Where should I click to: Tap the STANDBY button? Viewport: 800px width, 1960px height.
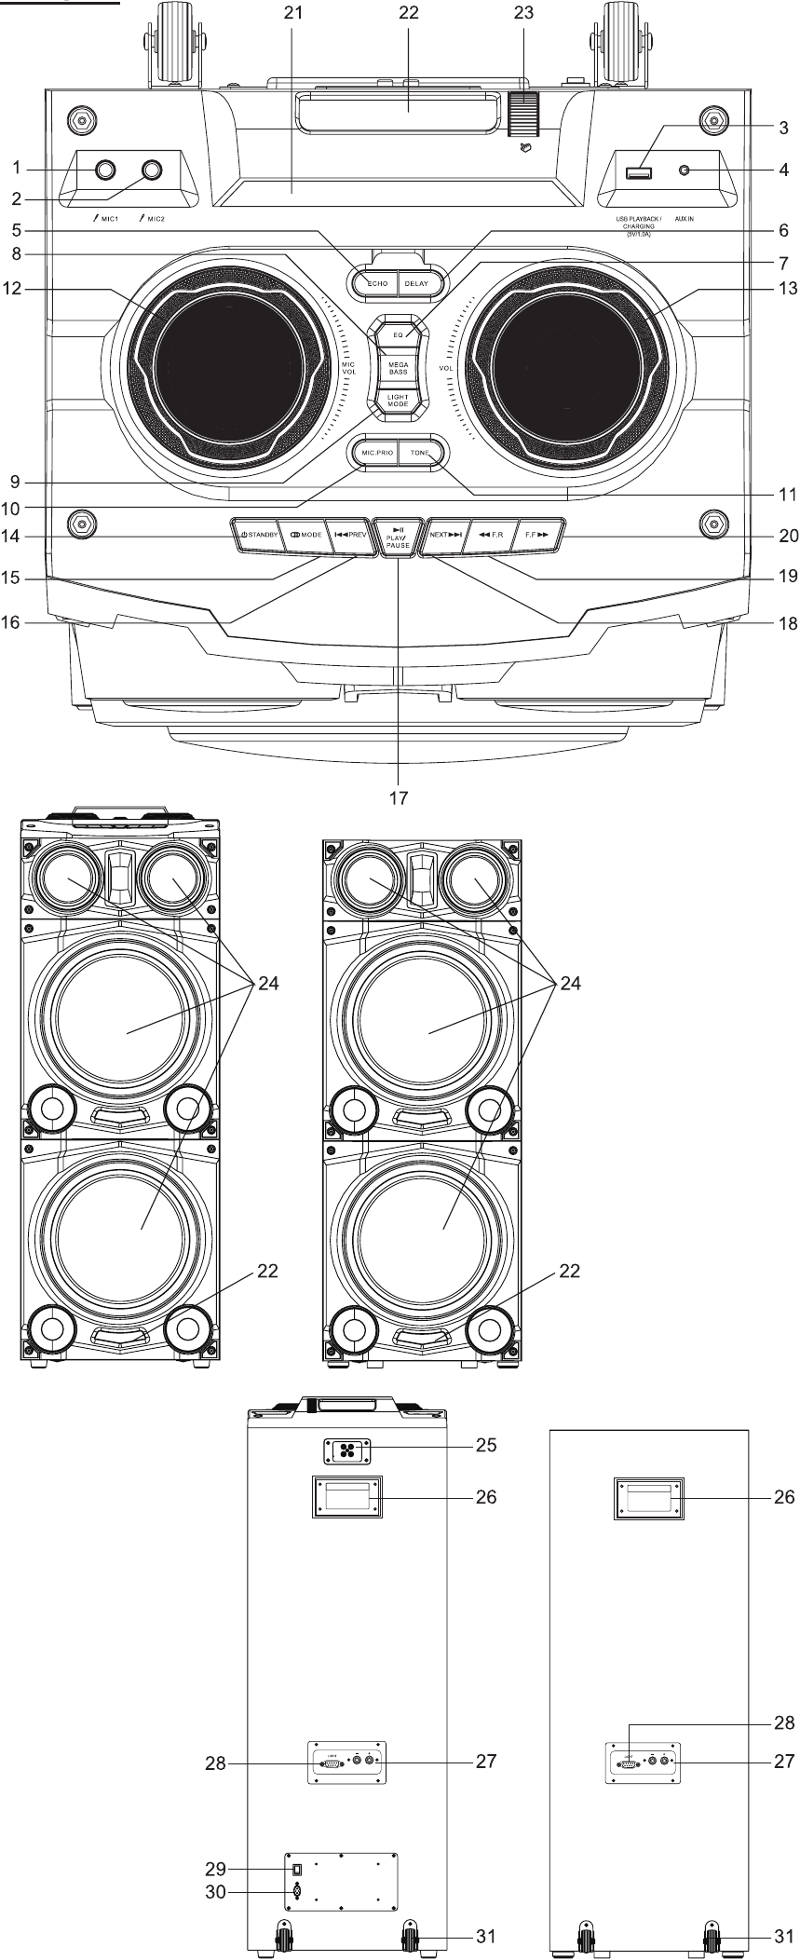click(x=254, y=536)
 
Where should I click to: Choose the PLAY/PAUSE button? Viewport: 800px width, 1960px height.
click(x=399, y=538)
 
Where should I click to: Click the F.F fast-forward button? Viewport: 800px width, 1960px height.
click(x=540, y=536)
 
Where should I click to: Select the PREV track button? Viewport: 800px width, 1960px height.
click(x=352, y=536)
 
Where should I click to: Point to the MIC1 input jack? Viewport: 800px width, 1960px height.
click(x=104, y=170)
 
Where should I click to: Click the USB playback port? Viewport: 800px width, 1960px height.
click(x=639, y=171)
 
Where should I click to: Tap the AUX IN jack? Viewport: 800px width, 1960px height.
click(x=685, y=171)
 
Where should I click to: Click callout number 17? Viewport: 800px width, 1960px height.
click(x=399, y=797)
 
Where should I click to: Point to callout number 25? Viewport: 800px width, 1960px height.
click(x=511, y=1446)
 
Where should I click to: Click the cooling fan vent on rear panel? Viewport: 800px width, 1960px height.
click(x=347, y=1451)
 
